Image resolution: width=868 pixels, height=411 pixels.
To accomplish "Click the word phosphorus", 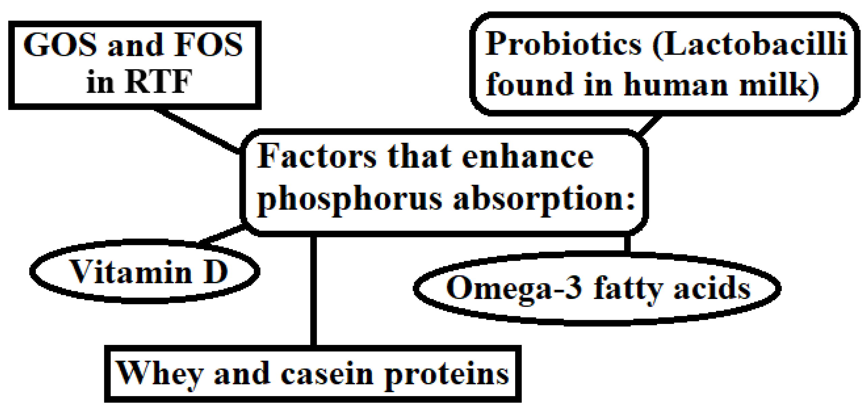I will (x=349, y=199).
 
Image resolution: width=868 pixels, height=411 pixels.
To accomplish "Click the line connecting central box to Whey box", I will (x=313, y=290).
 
